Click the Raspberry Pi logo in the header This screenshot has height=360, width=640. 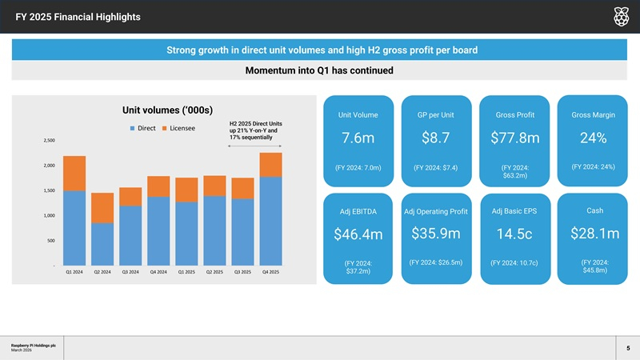620,17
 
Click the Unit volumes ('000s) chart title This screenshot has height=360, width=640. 172,110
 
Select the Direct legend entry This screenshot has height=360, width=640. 142,128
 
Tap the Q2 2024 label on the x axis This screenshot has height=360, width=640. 102,272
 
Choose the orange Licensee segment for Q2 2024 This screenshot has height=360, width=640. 102,208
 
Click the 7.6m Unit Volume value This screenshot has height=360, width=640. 358,138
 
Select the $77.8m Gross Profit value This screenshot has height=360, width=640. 514,138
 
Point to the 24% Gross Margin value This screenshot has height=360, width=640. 594,138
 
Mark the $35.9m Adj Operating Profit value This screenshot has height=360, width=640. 436,234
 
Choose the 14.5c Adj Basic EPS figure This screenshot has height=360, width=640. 514,234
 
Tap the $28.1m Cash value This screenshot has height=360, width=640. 594,234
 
